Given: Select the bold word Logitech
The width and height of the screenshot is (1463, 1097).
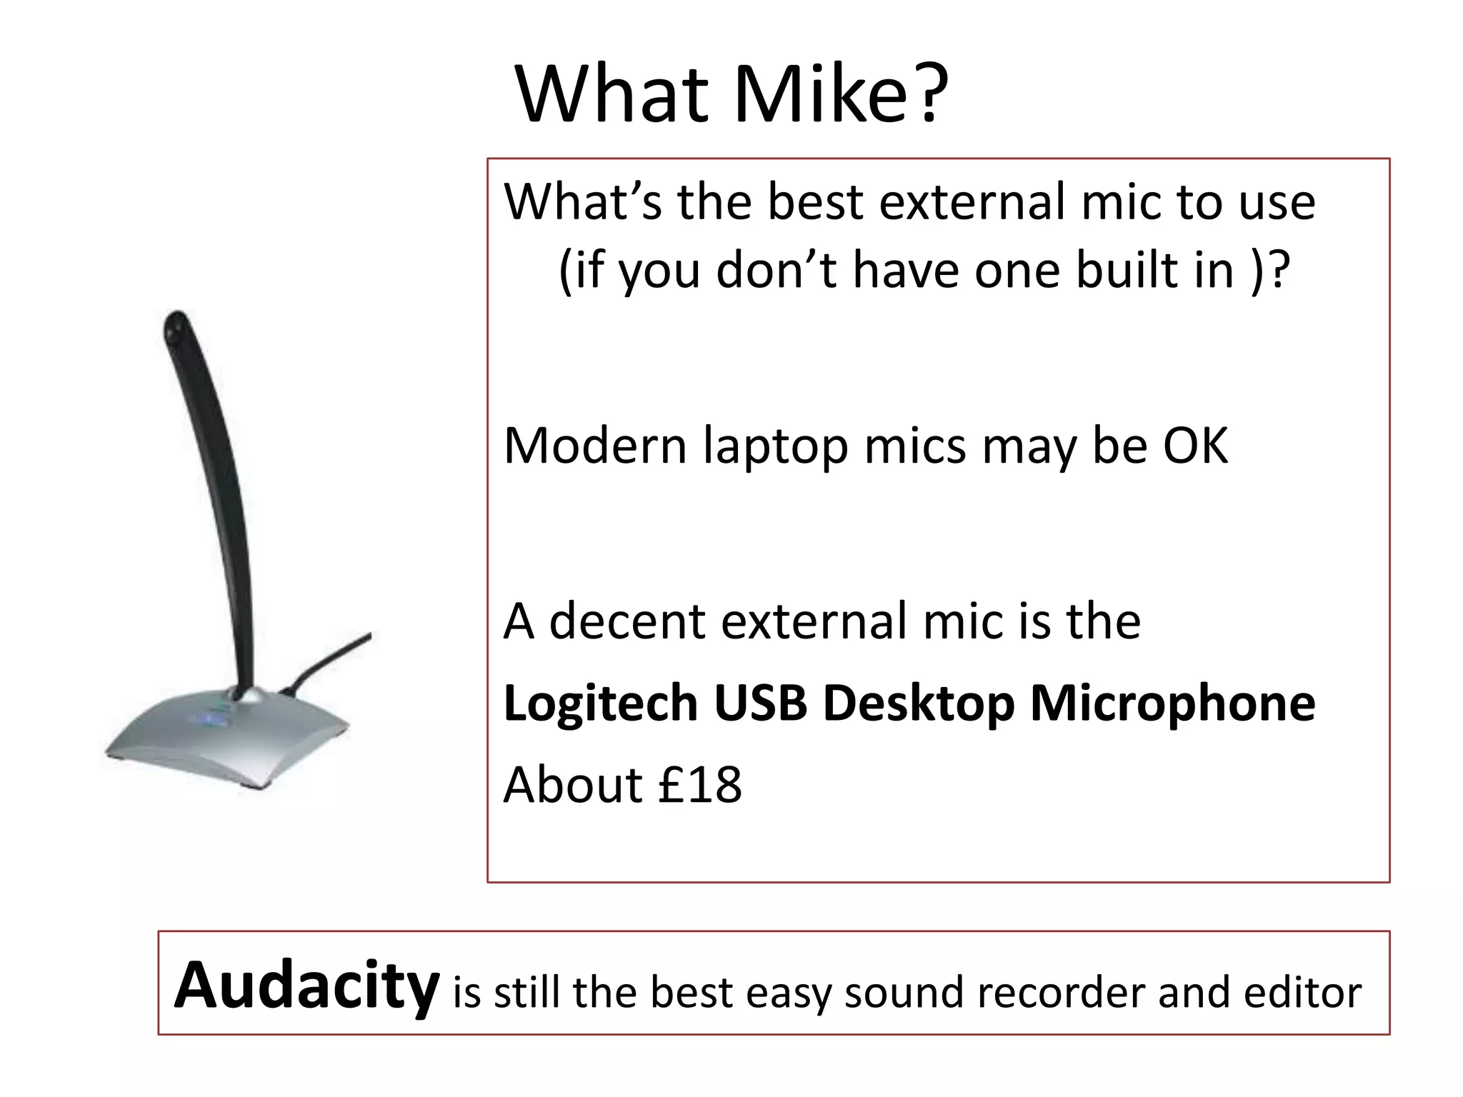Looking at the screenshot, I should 600,704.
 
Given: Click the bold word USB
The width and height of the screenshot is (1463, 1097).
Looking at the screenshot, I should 760,703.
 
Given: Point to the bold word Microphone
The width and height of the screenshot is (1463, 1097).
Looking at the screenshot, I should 1172,704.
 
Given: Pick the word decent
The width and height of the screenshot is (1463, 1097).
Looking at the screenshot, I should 627,621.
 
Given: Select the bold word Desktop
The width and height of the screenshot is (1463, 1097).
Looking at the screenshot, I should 919,704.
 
